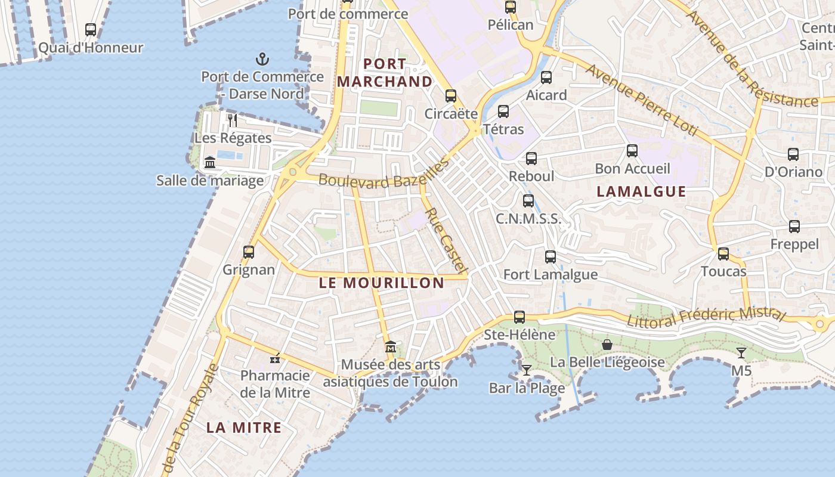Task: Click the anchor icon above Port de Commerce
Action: (262, 59)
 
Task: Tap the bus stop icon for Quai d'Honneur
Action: (91, 30)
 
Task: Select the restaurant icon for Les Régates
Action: (233, 120)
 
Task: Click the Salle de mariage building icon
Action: (210, 162)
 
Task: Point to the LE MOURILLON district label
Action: (381, 283)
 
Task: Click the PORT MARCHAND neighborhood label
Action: (385, 73)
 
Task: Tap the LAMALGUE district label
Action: (641, 191)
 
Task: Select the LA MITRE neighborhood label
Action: (244, 428)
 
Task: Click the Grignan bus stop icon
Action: (249, 252)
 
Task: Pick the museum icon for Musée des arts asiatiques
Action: (391, 347)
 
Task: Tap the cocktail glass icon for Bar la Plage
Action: (527, 370)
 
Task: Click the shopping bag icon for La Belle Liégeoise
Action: (607, 345)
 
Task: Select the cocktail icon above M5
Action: (741, 353)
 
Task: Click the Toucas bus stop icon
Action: (723, 254)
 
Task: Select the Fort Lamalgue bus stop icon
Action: (551, 257)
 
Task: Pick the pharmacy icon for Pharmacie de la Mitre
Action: (275, 358)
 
